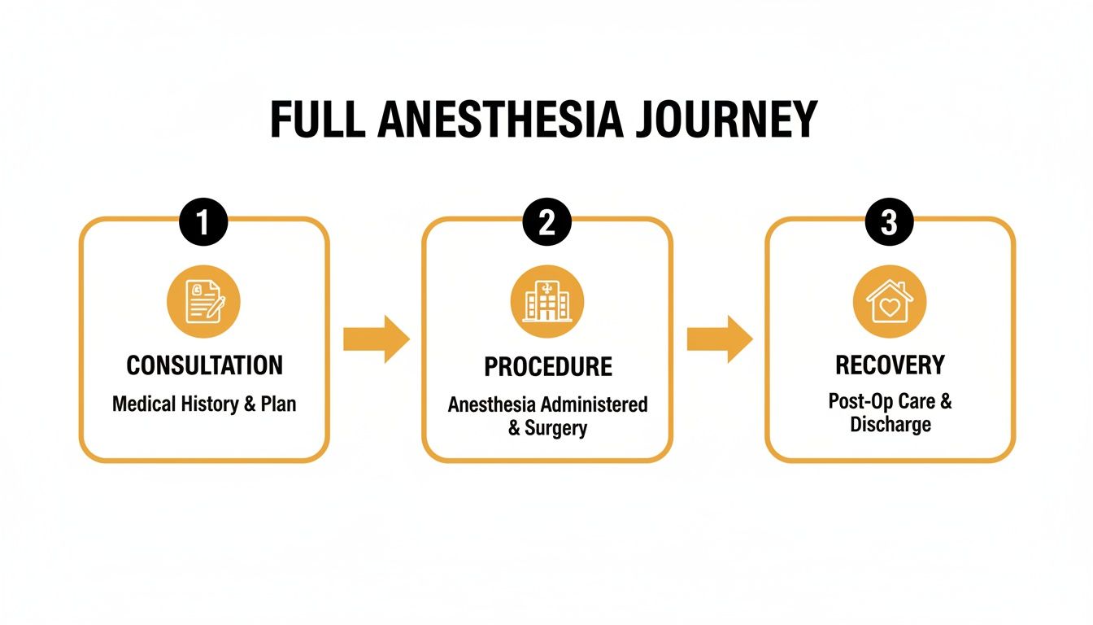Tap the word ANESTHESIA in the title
click(x=500, y=121)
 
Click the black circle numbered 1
click(x=203, y=223)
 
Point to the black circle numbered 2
click(x=547, y=223)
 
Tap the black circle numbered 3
click(x=890, y=223)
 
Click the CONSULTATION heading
click(x=204, y=365)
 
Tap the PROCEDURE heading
click(x=547, y=367)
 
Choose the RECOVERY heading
click(x=890, y=365)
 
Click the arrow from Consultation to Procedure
click(x=376, y=339)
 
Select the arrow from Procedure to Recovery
click(x=720, y=339)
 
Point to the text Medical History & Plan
click(x=204, y=404)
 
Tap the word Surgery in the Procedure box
click(x=556, y=428)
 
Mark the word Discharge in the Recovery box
click(x=890, y=425)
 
